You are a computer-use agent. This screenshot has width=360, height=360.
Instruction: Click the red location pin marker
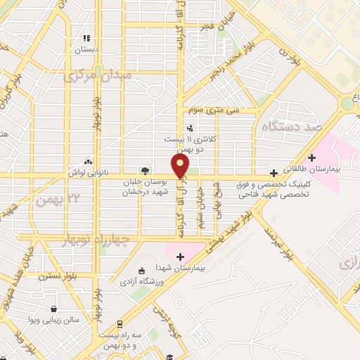(181, 166)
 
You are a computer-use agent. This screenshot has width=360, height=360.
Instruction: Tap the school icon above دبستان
(86, 39)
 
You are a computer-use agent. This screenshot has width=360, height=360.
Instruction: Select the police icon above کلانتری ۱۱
(190, 127)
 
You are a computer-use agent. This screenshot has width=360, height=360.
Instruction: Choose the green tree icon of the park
(145, 170)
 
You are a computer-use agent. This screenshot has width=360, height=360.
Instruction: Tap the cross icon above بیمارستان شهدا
(181, 257)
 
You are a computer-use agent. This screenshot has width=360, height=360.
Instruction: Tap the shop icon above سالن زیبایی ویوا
(54, 308)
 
